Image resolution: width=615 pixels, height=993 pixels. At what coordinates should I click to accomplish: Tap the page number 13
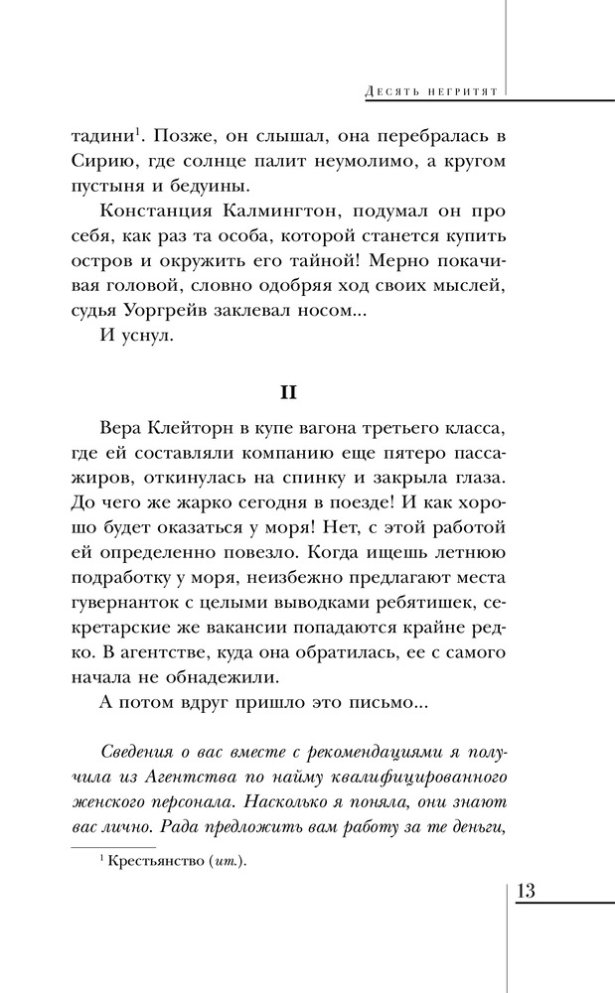[526, 891]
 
